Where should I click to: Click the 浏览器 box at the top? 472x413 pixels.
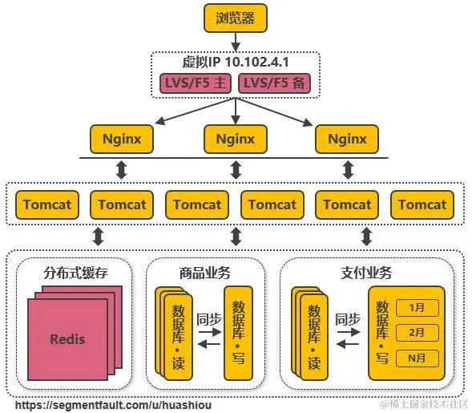tap(235, 18)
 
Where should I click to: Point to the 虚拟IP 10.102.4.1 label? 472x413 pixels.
tap(235, 62)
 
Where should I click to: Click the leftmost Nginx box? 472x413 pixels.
tap(122, 139)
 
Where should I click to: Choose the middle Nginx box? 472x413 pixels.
tap(235, 139)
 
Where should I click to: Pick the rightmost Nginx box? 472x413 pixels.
tap(347, 139)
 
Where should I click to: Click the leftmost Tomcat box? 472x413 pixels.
tap(46, 204)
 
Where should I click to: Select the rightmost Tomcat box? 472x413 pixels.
tap(422, 204)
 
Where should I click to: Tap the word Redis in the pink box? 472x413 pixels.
tap(67, 338)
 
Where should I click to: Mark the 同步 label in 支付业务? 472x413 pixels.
tap(347, 319)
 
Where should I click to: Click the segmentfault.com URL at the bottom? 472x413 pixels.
tap(113, 406)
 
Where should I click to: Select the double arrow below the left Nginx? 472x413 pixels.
tap(122, 170)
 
